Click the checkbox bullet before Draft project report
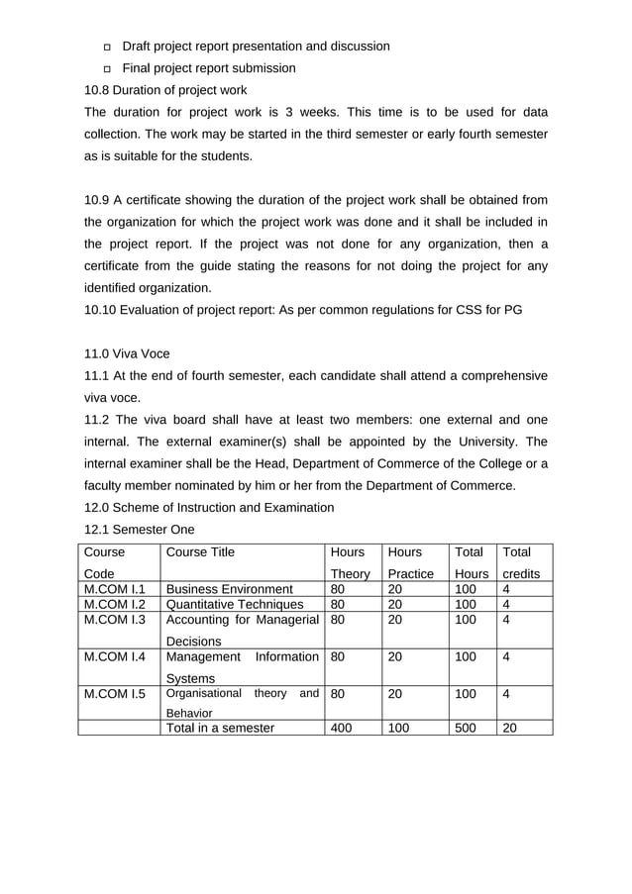click(x=107, y=48)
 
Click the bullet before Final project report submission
click(x=107, y=69)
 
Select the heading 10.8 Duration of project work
click(x=165, y=90)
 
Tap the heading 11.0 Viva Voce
click(x=127, y=353)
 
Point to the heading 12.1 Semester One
click(x=140, y=529)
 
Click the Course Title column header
click(x=201, y=552)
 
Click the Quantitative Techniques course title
click(x=235, y=605)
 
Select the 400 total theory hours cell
click(x=342, y=728)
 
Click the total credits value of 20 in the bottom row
click(x=511, y=728)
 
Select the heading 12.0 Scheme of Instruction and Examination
click(x=209, y=508)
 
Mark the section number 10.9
click(x=98, y=201)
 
